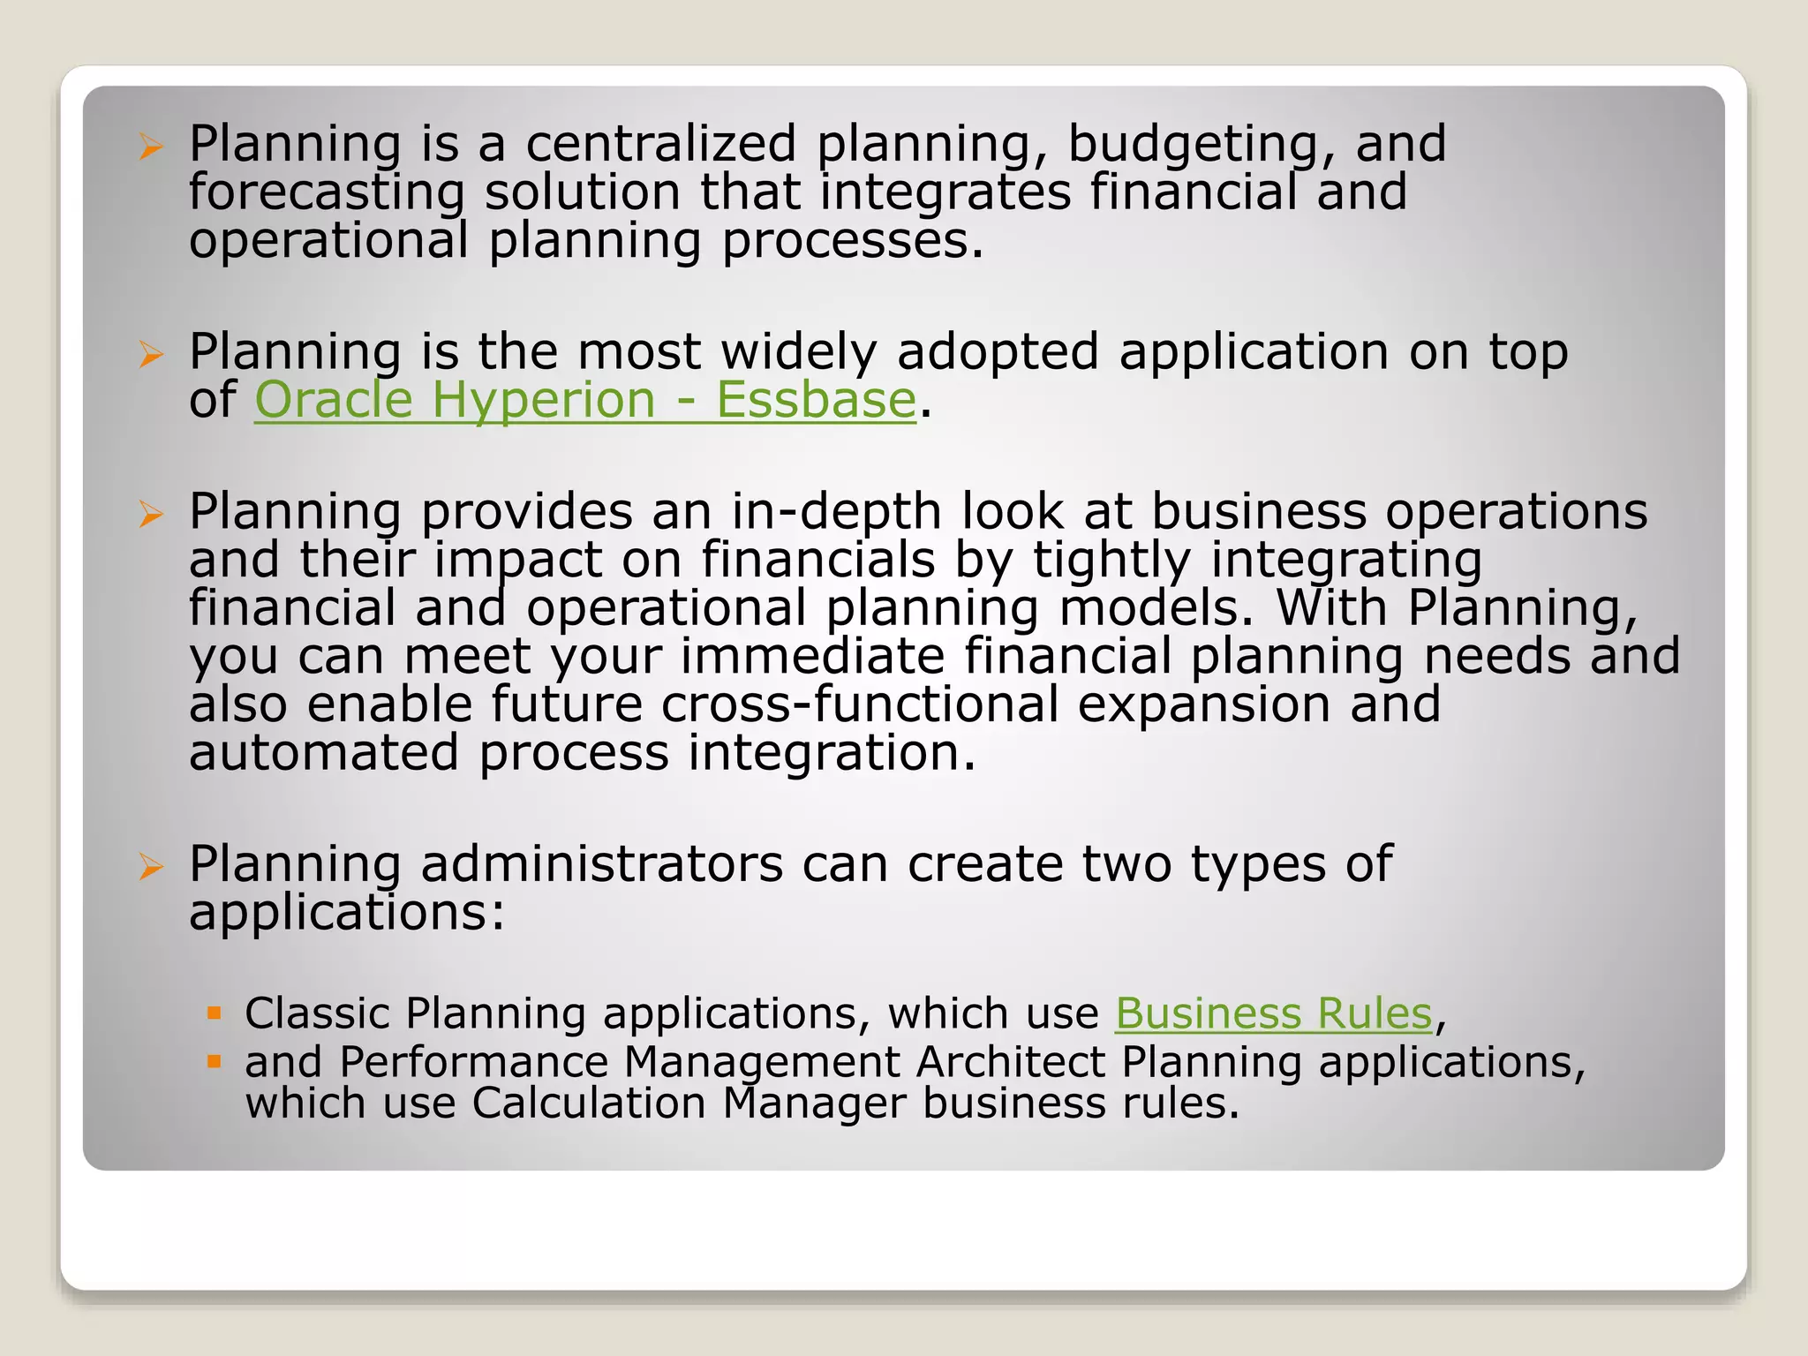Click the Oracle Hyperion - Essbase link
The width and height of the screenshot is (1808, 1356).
point(584,400)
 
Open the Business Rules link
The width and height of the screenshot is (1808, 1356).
point(1272,1013)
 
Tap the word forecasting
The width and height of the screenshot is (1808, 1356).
point(326,192)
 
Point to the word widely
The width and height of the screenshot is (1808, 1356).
point(798,351)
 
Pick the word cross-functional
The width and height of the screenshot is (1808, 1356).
point(860,704)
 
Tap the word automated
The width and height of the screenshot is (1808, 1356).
point(323,753)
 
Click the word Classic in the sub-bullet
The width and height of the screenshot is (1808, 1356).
point(317,1013)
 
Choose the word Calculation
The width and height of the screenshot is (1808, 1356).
point(588,1103)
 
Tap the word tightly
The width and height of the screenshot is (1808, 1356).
point(1111,561)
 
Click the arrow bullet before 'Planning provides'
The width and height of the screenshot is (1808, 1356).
point(151,513)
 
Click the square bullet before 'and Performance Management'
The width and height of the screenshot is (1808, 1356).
point(214,1061)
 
